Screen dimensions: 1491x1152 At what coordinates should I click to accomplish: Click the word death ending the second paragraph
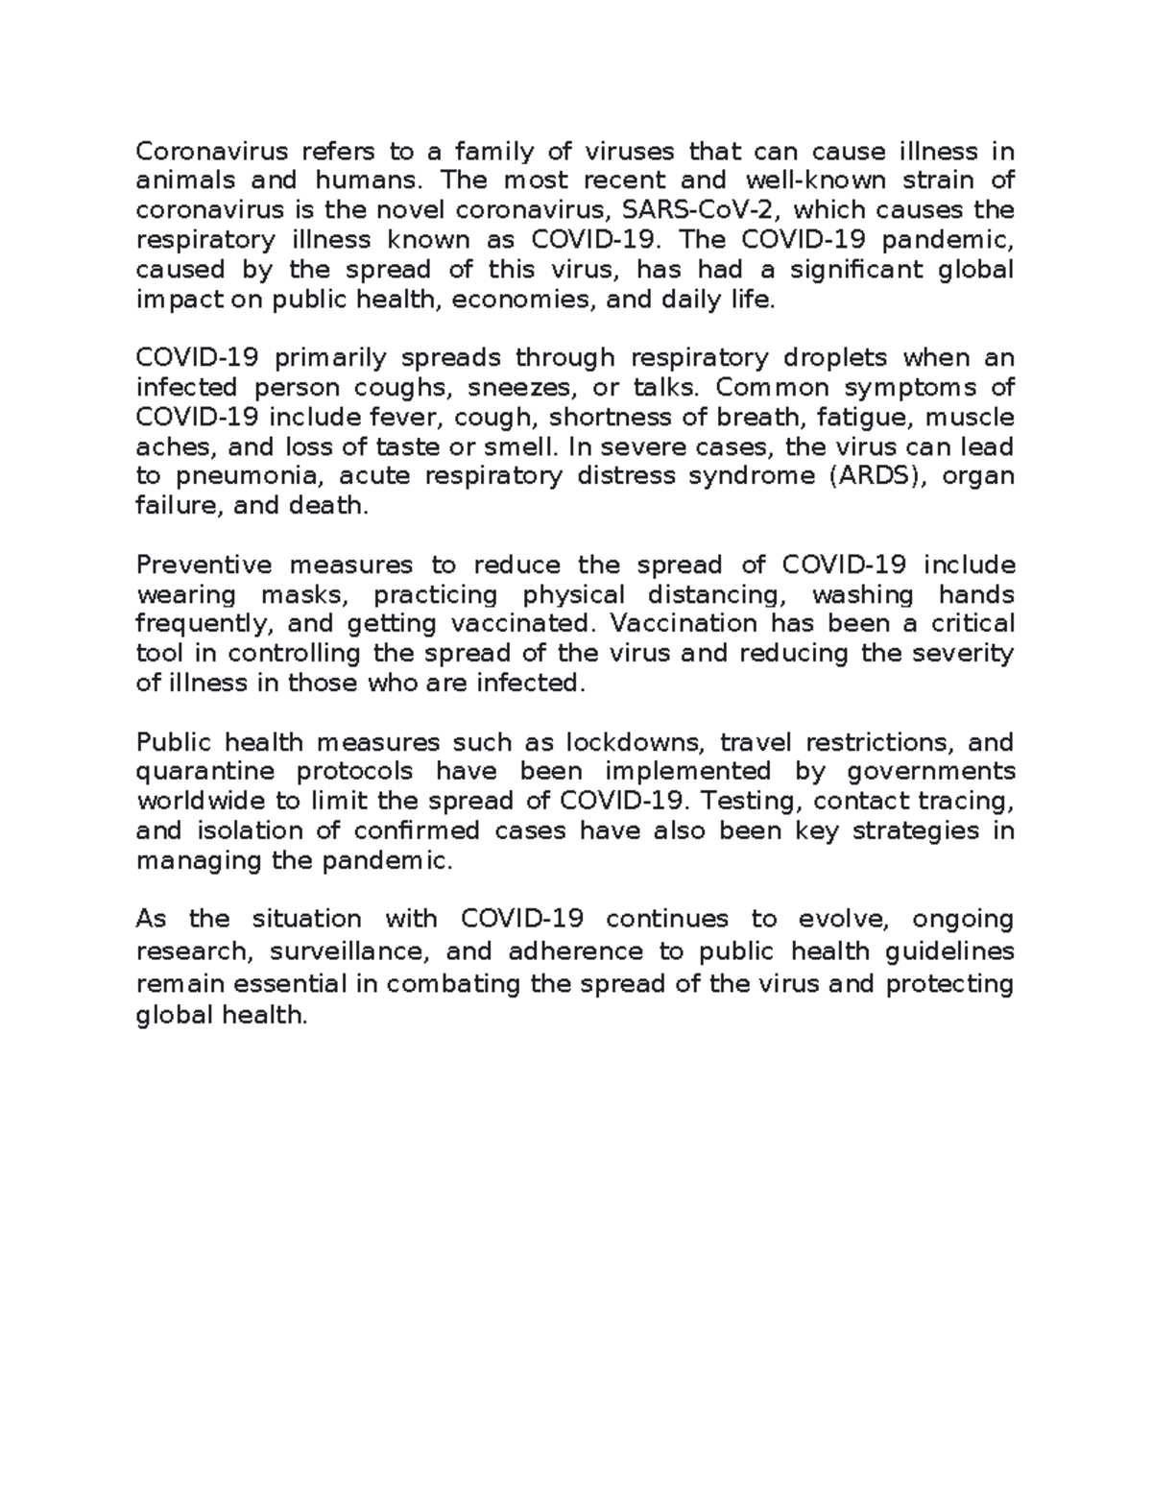tap(328, 506)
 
